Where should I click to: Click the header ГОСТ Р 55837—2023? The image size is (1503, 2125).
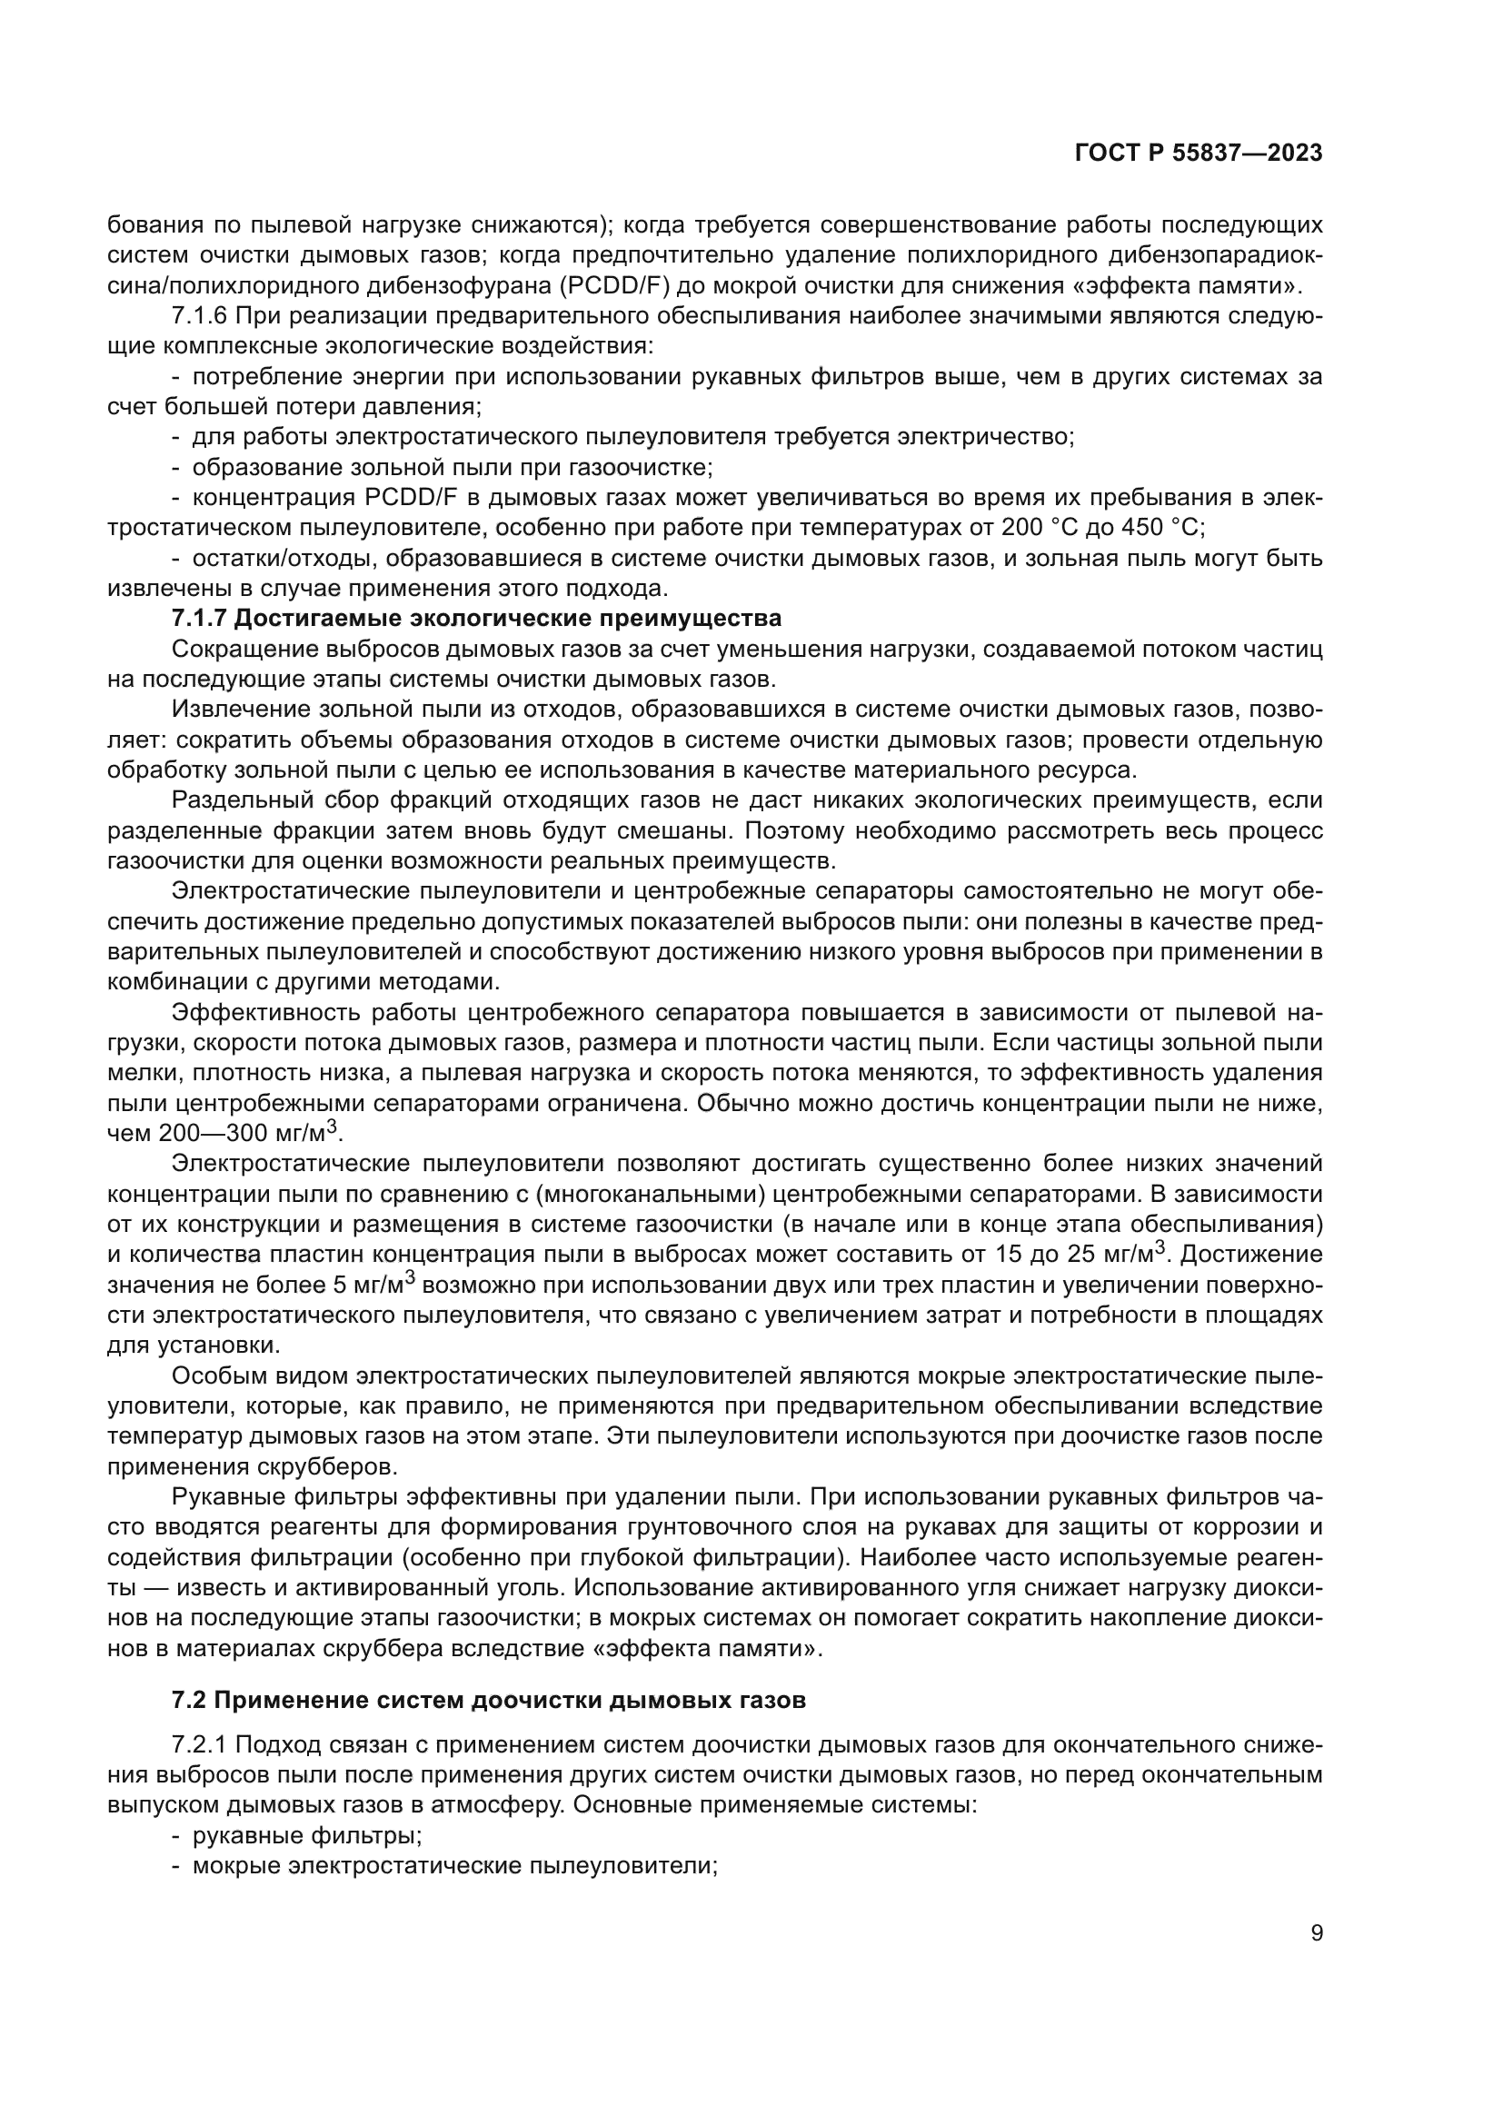[1199, 154]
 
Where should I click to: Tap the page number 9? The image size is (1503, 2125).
[1316, 1932]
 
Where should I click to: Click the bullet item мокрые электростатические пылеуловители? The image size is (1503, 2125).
[455, 1866]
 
